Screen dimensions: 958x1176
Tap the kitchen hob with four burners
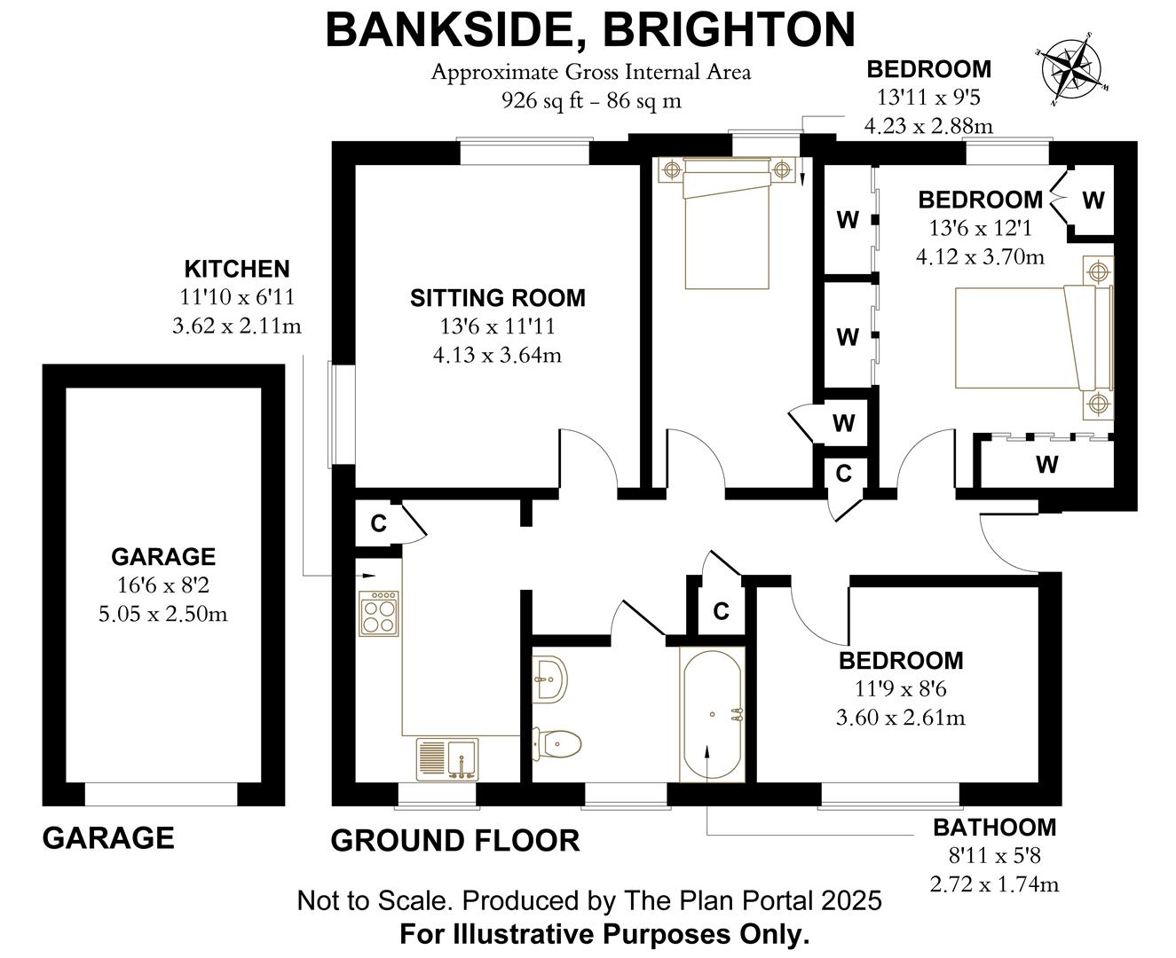[x=378, y=613]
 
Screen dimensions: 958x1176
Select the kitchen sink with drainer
[x=447, y=759]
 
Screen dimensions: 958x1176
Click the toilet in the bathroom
[x=556, y=743]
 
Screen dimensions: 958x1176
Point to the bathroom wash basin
[x=551, y=680]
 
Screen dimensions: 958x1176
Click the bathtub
[x=712, y=714]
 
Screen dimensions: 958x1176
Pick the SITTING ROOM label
[x=497, y=298]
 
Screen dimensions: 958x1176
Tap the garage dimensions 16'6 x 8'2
[x=162, y=585]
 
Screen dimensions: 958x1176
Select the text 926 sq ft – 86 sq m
[x=591, y=100]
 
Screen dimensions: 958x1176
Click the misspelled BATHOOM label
[x=994, y=828]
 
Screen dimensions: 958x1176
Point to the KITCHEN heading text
[x=236, y=269]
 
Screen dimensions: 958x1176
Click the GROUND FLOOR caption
[x=455, y=840]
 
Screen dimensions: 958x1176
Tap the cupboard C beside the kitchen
[x=378, y=523]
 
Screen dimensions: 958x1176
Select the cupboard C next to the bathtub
[x=721, y=611]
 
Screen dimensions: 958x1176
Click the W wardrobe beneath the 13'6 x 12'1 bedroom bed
[x=1046, y=463]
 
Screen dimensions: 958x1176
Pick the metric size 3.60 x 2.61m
[x=900, y=717]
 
